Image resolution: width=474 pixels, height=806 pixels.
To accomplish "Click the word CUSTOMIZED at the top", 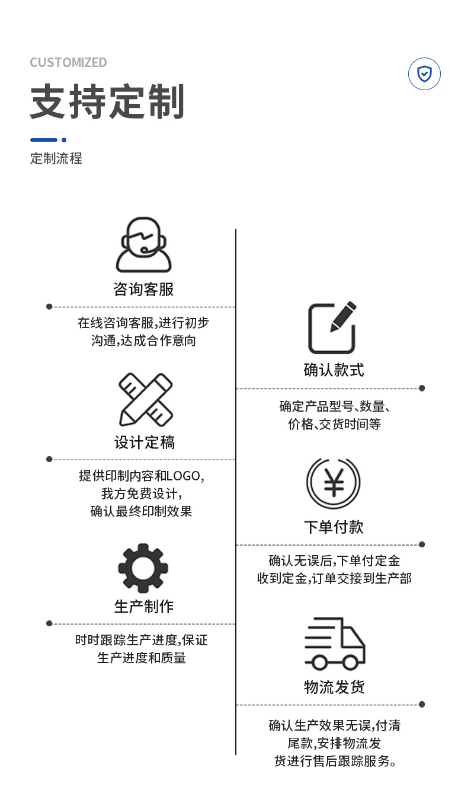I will click(68, 62).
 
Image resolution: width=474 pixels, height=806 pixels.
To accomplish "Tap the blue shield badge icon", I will click(424, 74).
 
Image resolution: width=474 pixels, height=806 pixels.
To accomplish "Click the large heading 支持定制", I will click(107, 102).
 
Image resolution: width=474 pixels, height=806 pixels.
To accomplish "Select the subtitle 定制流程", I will click(56, 158).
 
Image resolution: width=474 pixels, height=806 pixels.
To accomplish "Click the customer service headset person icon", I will click(143, 245).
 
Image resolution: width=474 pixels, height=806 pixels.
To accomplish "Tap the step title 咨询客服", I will click(143, 289).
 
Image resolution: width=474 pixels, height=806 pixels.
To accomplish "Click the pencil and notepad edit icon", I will click(332, 328).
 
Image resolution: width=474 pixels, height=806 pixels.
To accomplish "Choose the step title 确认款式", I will click(334, 370).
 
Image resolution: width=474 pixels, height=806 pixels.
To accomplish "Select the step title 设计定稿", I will click(145, 442).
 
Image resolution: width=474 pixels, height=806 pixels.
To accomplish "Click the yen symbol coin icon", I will click(334, 483).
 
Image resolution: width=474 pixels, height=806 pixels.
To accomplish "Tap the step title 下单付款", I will click(334, 527).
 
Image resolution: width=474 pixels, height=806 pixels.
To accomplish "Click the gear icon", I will click(143, 568).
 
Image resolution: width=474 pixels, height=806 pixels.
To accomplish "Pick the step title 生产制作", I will click(144, 606).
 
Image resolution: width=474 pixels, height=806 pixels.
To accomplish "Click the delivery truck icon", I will click(334, 644).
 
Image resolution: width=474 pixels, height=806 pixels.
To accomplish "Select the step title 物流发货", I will click(334, 687).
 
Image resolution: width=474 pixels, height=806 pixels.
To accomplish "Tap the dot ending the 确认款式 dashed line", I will click(422, 388).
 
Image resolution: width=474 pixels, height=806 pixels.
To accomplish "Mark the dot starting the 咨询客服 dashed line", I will click(49, 307).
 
